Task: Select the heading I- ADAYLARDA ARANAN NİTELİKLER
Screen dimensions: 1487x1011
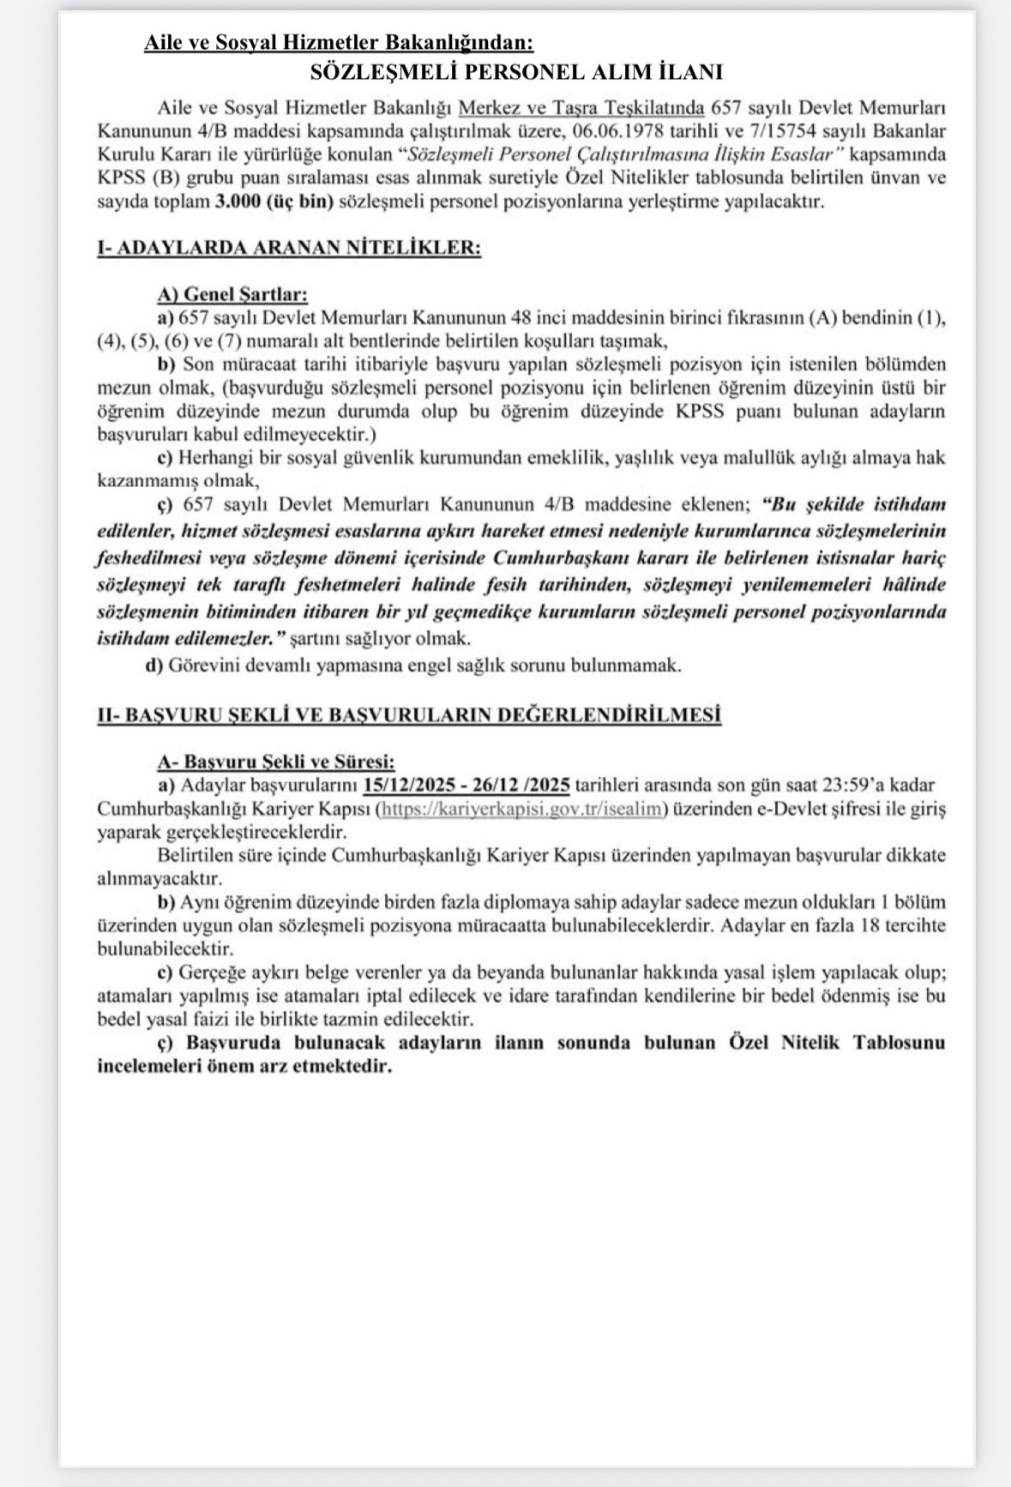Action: click(288, 248)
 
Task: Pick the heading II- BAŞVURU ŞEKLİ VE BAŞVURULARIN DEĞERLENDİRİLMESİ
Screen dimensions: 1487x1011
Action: click(408, 714)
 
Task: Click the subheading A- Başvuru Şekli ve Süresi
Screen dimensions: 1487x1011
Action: click(276, 761)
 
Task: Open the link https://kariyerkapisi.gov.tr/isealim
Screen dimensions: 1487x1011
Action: click(522, 809)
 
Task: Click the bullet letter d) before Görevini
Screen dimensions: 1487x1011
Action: click(154, 665)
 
